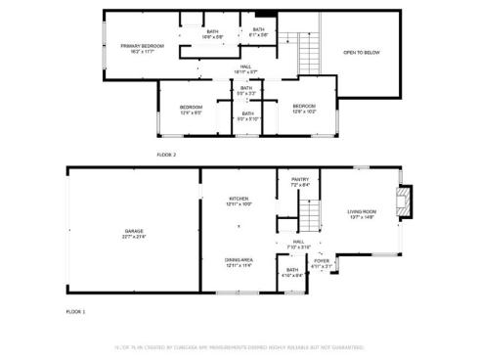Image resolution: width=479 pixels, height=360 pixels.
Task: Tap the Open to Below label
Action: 362,53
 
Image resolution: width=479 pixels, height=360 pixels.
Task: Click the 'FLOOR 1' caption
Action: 76,311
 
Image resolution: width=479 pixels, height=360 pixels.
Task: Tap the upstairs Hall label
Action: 246,68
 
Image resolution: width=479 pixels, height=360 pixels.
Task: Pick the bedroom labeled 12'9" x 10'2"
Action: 304,109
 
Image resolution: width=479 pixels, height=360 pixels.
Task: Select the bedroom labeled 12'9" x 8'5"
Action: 191,110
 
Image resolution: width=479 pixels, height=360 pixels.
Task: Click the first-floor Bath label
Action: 292,273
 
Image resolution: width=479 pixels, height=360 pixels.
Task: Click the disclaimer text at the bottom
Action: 239,347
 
